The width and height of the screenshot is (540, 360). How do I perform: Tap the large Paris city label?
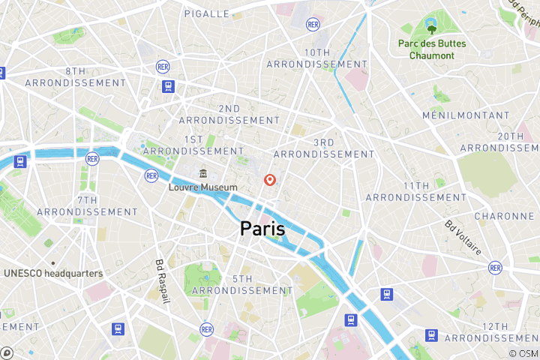[x=262, y=229]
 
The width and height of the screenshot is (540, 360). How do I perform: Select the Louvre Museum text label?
[x=202, y=187]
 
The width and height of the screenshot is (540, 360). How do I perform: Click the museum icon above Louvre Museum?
[x=202, y=173]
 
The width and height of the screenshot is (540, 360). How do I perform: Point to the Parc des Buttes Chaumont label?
[x=431, y=49]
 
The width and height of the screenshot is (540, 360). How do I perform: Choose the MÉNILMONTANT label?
[x=466, y=116]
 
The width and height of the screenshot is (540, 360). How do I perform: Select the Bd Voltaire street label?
[x=463, y=237]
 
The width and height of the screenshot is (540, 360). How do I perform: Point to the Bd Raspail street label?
[x=161, y=281]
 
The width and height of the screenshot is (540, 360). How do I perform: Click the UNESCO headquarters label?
[x=52, y=273]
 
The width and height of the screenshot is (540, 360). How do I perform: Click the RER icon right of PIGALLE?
[x=313, y=25]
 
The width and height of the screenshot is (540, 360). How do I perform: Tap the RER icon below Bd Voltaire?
[x=494, y=267]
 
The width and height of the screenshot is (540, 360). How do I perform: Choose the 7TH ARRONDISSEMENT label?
[x=87, y=206]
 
